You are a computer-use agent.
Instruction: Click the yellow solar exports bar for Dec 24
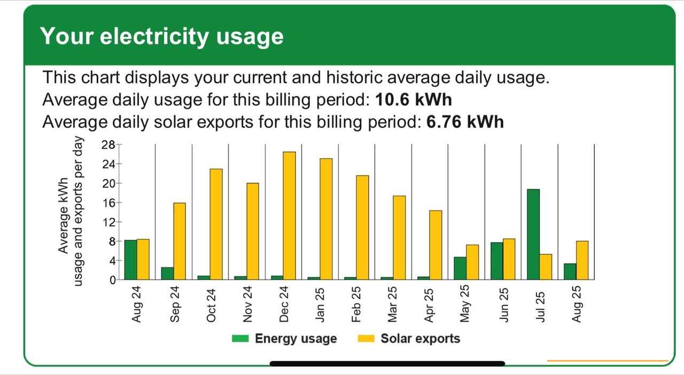[289, 215]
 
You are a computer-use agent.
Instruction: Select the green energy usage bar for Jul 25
[533, 234]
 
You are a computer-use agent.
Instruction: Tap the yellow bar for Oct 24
[216, 224]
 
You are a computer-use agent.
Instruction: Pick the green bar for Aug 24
[130, 260]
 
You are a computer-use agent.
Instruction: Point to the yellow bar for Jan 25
[326, 218]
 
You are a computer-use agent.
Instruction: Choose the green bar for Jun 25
[497, 261]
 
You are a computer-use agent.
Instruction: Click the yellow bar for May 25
[472, 262]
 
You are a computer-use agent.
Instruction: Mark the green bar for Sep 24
[167, 273]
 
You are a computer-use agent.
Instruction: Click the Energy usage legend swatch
[240, 339]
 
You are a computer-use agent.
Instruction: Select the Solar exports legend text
[420, 339]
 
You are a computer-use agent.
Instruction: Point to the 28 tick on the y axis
[108, 145]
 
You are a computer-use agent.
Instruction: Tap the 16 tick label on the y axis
[108, 203]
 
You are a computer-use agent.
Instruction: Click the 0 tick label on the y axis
[112, 280]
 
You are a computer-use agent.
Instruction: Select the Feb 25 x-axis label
[356, 304]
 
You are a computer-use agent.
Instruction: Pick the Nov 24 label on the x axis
[247, 304]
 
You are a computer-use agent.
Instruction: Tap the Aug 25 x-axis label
[576, 304]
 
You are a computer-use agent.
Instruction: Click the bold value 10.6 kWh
[414, 100]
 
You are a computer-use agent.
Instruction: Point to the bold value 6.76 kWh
[465, 122]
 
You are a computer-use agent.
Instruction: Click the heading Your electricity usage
[162, 36]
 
